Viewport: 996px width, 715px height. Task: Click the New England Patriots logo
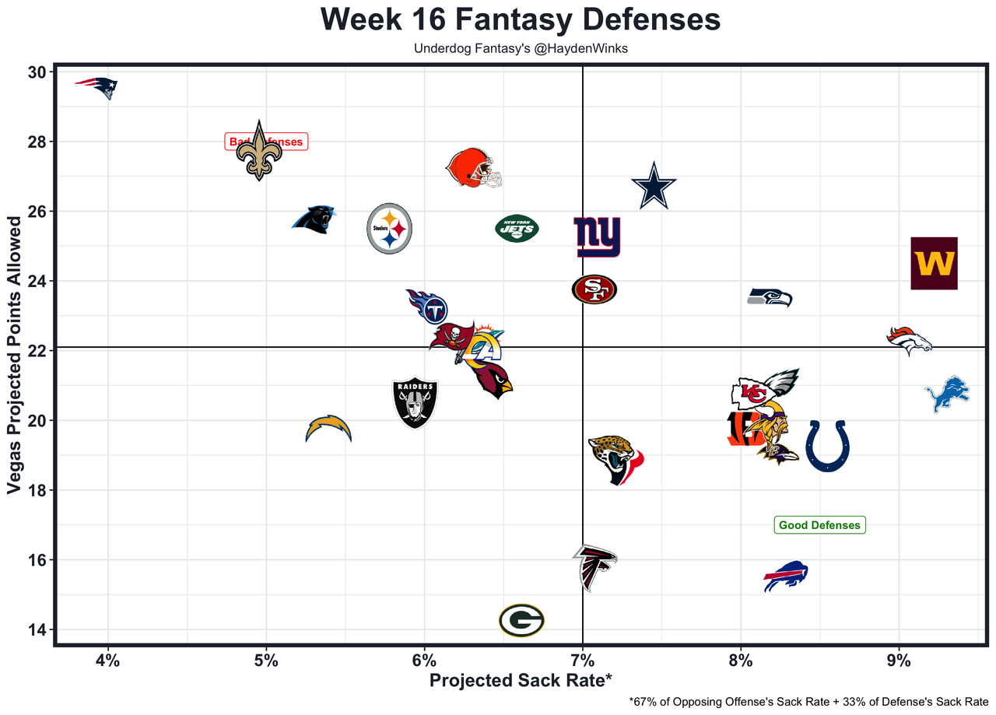[96, 86]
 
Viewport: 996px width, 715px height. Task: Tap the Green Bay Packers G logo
[521, 620]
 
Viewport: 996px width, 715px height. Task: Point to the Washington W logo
[934, 263]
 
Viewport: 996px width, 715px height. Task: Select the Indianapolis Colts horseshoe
[827, 445]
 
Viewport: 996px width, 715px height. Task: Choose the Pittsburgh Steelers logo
[389, 228]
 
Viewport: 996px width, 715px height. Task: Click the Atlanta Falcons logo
[594, 566]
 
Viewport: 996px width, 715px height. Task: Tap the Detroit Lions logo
[947, 394]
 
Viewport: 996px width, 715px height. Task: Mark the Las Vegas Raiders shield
[415, 403]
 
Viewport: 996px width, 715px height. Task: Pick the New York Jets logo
[517, 228]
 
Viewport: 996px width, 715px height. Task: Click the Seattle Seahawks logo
[770, 297]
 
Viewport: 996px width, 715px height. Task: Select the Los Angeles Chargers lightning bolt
[328, 429]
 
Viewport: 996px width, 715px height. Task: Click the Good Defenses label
[819, 525]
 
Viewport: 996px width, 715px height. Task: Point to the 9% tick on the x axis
[899, 662]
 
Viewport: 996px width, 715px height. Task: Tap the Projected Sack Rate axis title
[521, 681]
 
